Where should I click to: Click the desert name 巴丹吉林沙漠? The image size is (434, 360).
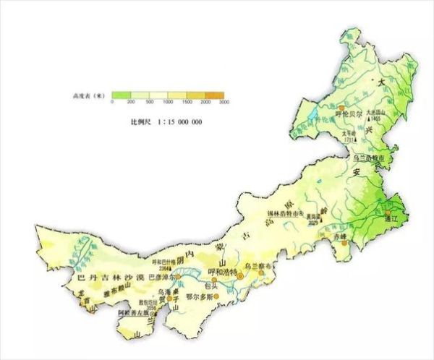point(106,276)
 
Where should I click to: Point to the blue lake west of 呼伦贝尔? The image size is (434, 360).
point(312,115)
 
